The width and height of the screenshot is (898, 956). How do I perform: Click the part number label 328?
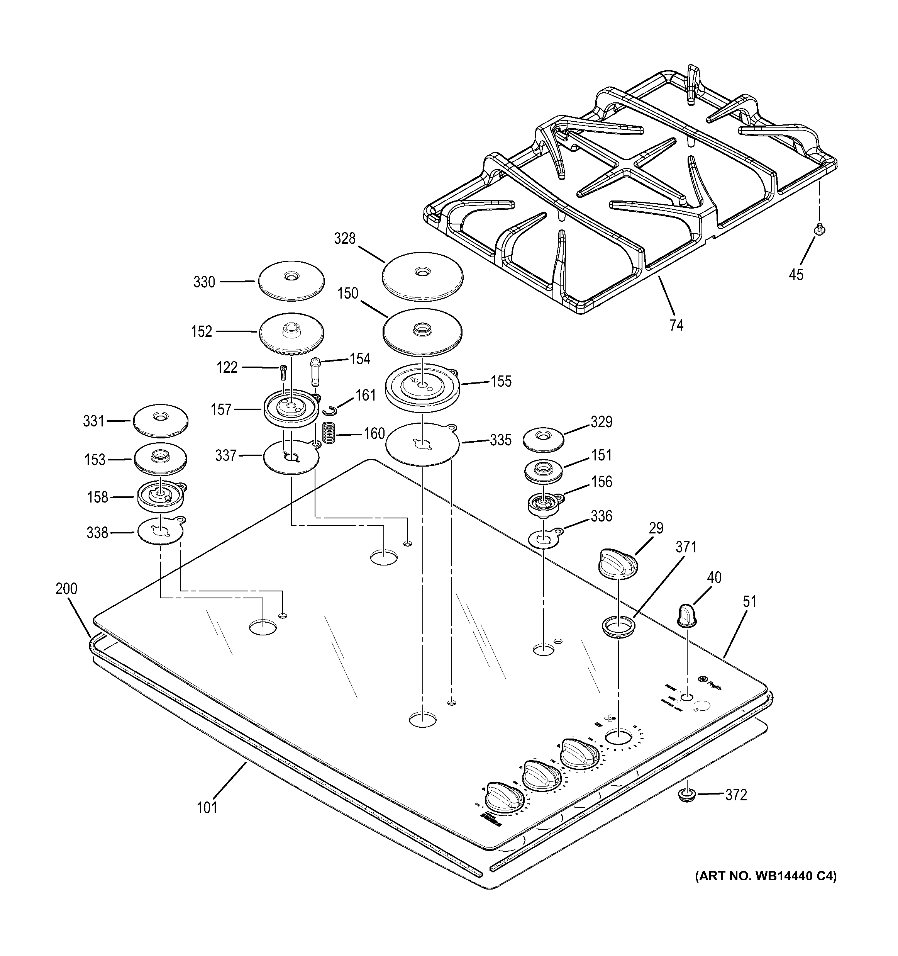coord(345,239)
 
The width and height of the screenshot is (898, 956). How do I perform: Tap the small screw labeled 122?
coord(283,373)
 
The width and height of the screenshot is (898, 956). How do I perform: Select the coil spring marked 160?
coord(328,433)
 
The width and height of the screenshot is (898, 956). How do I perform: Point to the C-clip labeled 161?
coord(330,410)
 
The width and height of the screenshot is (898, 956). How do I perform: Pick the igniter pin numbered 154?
coord(315,370)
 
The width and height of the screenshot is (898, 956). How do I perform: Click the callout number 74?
coord(676,326)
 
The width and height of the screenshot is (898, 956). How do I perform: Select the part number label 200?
coord(66,589)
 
